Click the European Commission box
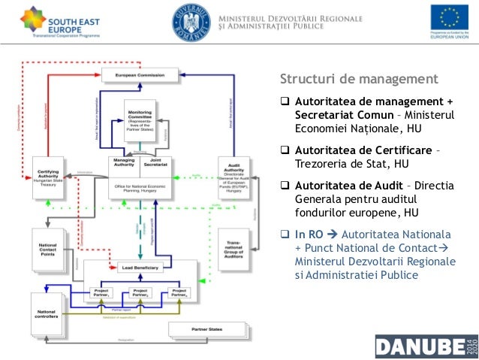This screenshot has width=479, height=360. point(140,75)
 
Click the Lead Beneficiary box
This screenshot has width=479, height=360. point(140,267)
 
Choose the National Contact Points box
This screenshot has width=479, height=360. point(51,248)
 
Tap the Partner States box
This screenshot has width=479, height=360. point(208,329)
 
